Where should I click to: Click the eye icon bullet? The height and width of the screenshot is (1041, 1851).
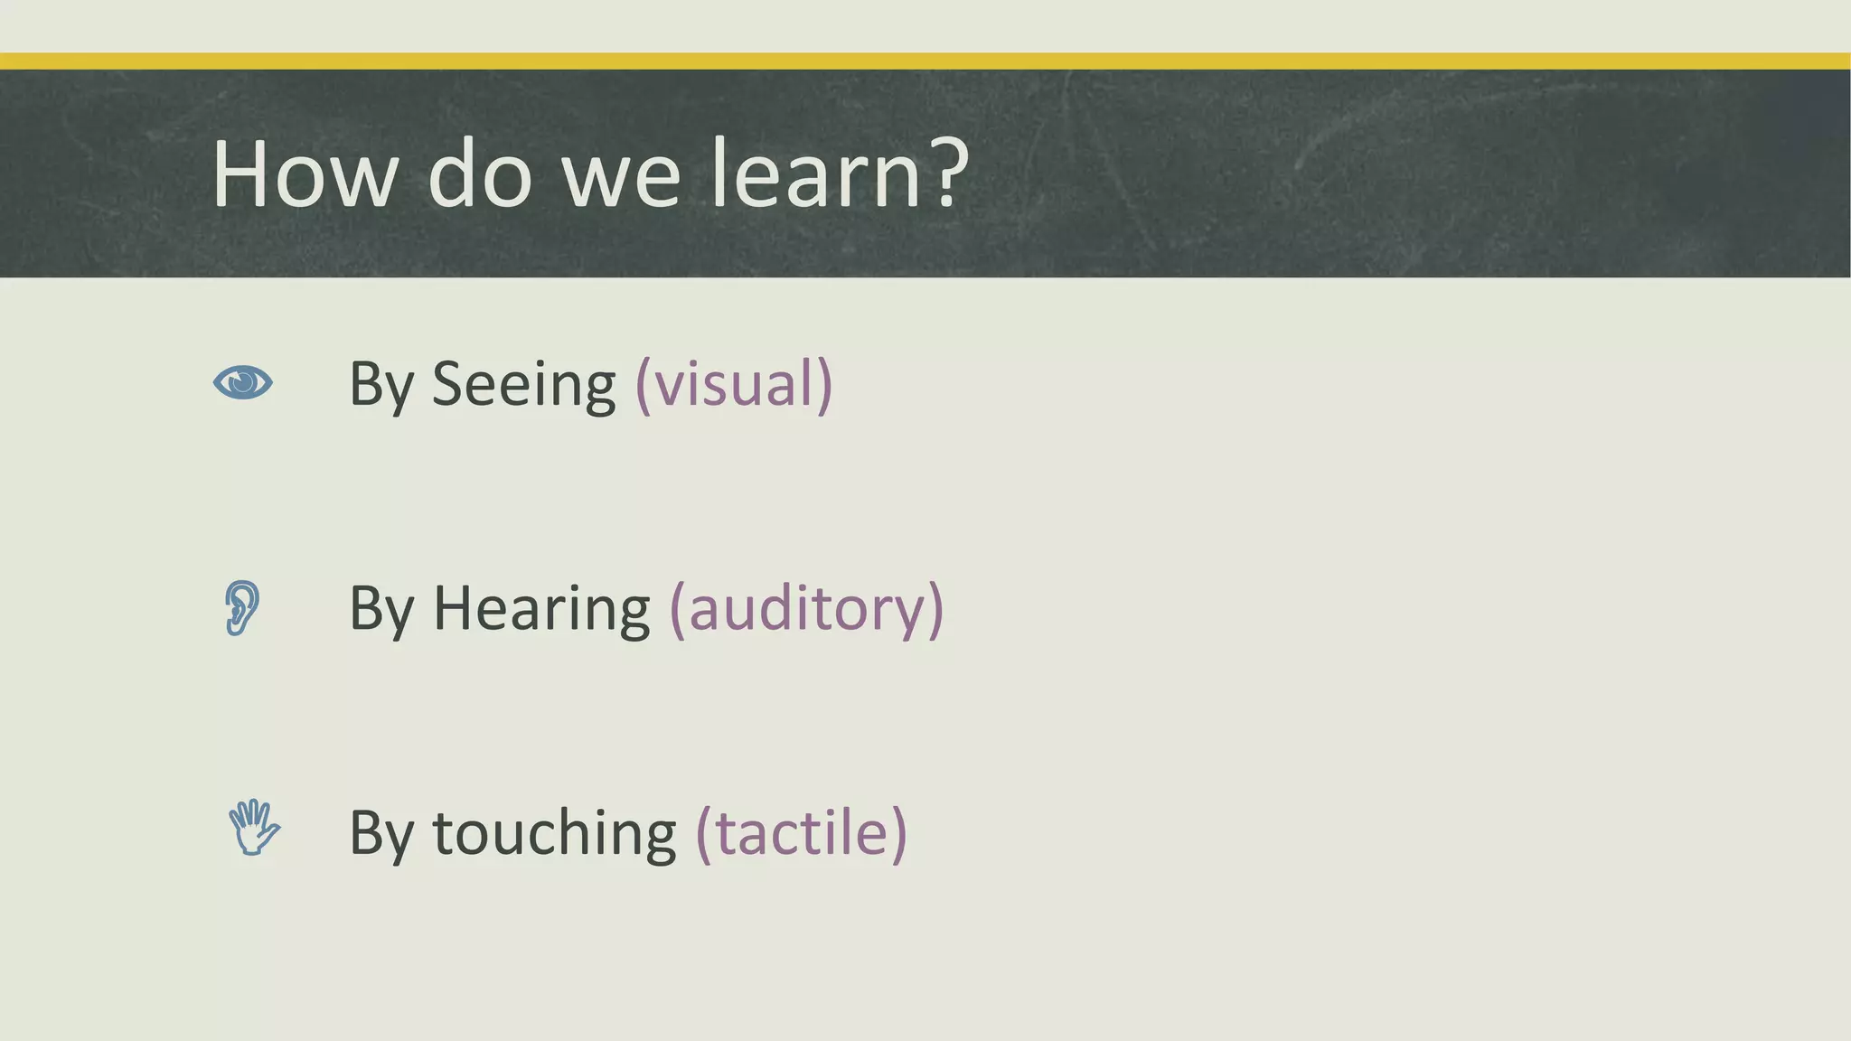coord(242,382)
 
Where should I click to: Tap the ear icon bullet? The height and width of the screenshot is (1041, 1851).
coord(241,607)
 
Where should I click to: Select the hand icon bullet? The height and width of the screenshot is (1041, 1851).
coord(253,828)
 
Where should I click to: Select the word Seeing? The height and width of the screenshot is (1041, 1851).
coord(524,385)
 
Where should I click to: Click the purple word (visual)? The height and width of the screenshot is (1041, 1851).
coord(734,385)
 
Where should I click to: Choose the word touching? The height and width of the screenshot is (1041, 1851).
coord(554,834)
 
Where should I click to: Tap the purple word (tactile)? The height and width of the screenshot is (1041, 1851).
coord(801,833)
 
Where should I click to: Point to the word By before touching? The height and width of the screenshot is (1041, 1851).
coord(381,834)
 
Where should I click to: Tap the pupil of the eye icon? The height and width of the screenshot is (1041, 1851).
coord(242,382)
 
